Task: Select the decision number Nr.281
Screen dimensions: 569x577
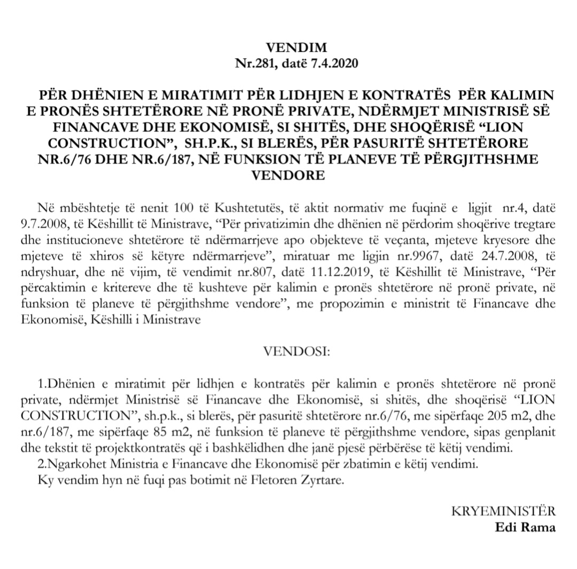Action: (255, 63)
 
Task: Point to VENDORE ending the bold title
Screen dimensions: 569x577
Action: (288, 175)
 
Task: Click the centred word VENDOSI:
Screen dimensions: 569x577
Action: (288, 352)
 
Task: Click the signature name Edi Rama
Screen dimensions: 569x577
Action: (525, 528)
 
